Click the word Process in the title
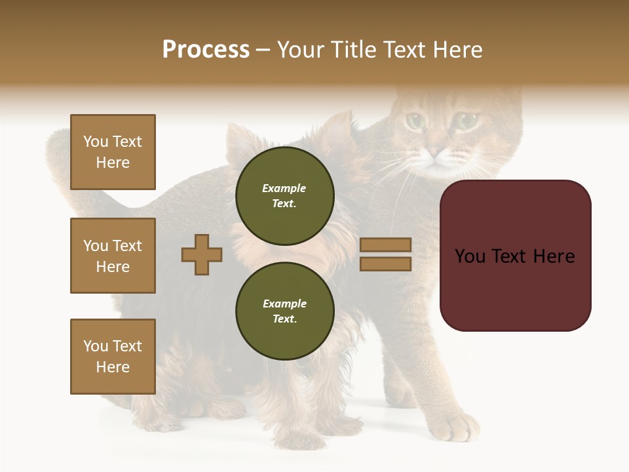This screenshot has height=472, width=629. point(206,50)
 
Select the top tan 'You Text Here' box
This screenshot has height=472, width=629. point(113,152)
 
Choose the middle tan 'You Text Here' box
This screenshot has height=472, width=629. point(113,256)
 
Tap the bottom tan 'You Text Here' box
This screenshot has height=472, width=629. point(113,357)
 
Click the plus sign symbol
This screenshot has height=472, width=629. point(202,254)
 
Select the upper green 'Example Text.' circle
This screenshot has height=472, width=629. point(284,196)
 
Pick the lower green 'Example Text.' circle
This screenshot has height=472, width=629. point(284,311)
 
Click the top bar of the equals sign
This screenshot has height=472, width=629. point(385,245)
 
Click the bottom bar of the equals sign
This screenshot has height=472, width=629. point(385,264)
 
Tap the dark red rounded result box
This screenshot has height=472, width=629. point(515,256)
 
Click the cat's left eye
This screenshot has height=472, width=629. point(414,121)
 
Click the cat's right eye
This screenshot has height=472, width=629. point(466,121)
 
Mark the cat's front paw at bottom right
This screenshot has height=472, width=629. point(457,426)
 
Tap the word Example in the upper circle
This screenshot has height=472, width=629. point(284,188)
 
